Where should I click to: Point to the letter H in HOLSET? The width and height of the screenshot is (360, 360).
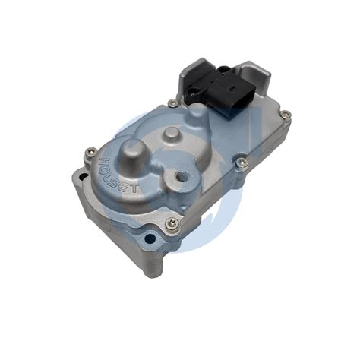103,161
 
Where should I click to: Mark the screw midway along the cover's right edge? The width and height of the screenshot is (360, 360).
242,162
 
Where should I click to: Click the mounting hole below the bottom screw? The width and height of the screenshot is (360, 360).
151,239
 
